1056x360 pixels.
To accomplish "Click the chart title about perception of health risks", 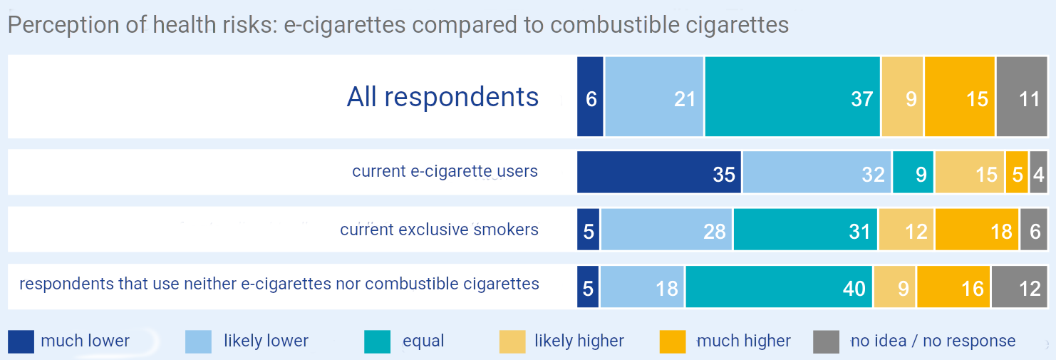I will (x=398, y=26).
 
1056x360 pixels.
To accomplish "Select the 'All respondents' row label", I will (x=442, y=97).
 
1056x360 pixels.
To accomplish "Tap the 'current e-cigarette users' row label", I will (x=445, y=172).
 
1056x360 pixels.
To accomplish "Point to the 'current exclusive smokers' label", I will (x=439, y=230).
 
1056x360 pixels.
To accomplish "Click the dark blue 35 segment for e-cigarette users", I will (x=659, y=172).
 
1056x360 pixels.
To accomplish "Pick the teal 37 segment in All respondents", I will (x=792, y=96).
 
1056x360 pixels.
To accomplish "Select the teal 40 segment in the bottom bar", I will (x=779, y=287).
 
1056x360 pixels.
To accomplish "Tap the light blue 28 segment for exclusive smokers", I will (x=667, y=230).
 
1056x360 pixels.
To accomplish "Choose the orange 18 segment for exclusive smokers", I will (x=976, y=230).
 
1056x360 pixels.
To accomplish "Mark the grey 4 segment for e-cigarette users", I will (x=1038, y=172).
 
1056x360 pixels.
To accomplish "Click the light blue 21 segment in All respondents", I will (x=654, y=96).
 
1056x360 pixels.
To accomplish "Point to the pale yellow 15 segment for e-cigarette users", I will (x=969, y=172).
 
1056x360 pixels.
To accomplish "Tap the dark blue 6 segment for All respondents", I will (x=590, y=96).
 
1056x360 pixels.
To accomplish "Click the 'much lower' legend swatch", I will (x=21, y=341).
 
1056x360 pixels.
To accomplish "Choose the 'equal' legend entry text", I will (x=423, y=341).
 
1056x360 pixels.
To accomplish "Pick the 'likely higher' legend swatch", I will (x=512, y=341).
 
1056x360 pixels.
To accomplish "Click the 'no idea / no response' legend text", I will (x=933, y=341).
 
